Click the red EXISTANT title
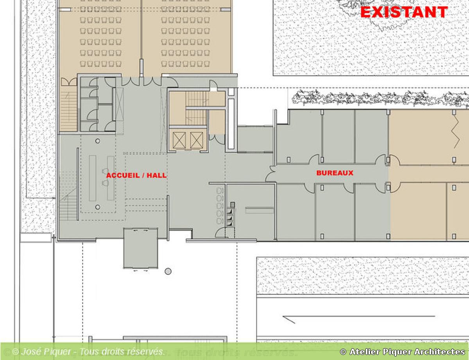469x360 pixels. [x=404, y=12]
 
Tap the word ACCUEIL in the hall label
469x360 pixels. [x=123, y=175]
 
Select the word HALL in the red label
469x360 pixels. [x=157, y=175]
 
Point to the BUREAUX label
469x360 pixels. [x=335, y=173]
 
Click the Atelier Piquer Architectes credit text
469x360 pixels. [x=403, y=351]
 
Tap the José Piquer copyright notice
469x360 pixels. [x=88, y=351]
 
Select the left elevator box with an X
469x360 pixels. [x=179, y=140]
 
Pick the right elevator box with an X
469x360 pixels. [x=197, y=140]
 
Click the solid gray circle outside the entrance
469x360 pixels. [x=168, y=271]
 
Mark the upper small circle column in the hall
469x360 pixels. [x=98, y=141]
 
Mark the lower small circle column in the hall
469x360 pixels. [x=98, y=207]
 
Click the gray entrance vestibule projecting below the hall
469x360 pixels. [x=141, y=248]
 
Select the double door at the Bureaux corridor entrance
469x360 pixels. [x=270, y=173]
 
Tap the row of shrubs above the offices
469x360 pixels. [x=380, y=98]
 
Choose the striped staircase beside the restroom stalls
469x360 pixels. [x=68, y=109]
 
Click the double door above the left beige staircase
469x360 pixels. [x=69, y=82]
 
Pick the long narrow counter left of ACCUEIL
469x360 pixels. [x=93, y=178]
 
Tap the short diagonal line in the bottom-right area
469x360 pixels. [x=289, y=320]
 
